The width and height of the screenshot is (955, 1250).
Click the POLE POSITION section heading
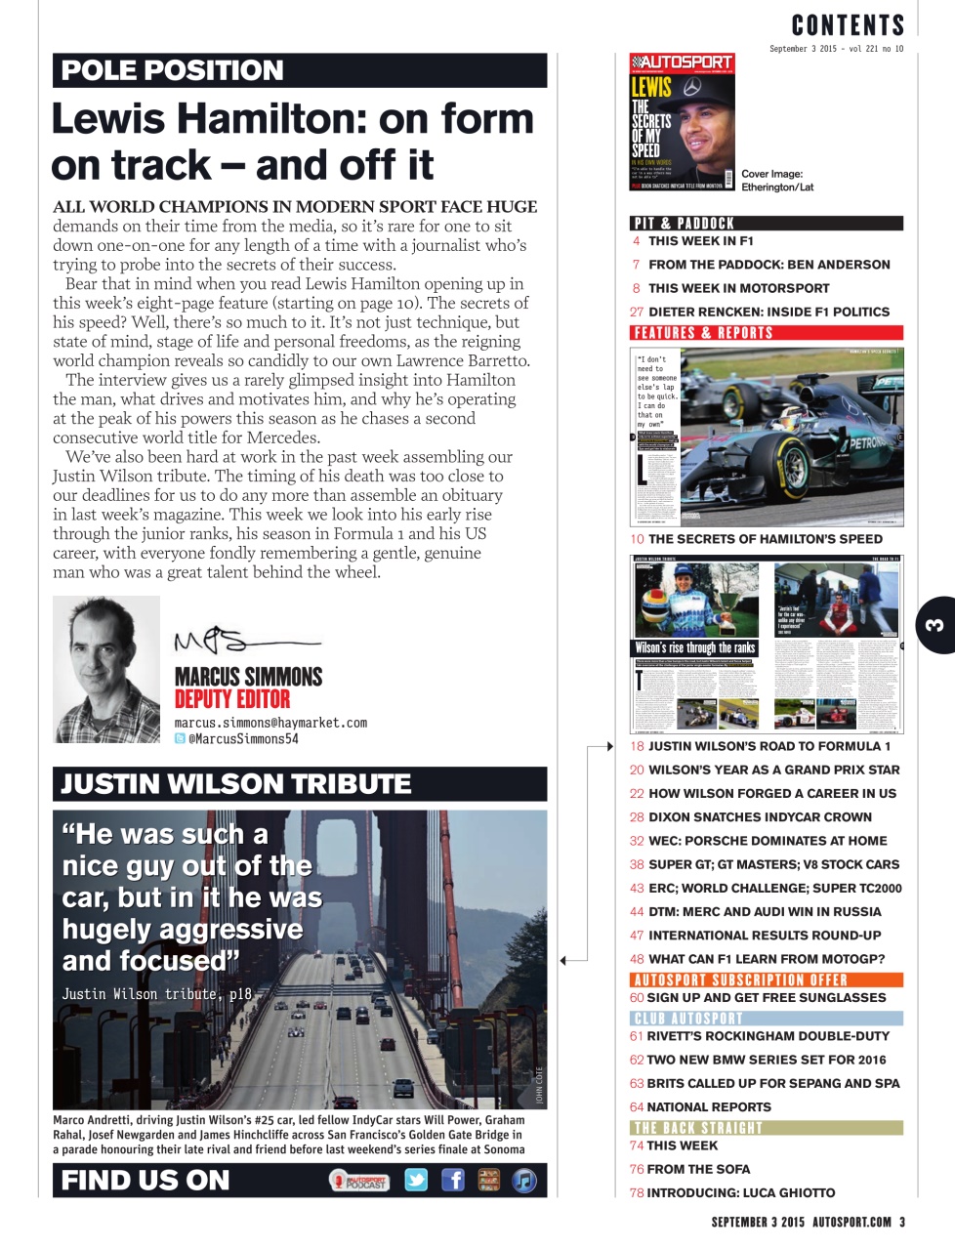(173, 70)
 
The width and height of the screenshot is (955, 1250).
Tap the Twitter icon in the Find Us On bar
(416, 1180)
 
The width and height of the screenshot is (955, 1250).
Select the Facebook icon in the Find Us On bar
(453, 1180)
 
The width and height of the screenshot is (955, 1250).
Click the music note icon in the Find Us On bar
(524, 1180)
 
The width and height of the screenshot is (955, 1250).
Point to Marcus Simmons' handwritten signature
(244, 642)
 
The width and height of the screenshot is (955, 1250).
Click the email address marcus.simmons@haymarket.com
(270, 723)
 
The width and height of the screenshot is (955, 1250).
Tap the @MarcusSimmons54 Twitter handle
(242, 739)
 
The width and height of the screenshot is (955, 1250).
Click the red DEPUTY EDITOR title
(232, 699)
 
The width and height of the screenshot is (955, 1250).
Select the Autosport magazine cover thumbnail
(682, 122)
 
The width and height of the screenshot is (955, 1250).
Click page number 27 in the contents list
(637, 312)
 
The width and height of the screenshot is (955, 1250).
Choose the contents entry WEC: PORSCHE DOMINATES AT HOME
(768, 841)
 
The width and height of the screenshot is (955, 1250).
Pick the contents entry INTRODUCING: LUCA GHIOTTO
(740, 1193)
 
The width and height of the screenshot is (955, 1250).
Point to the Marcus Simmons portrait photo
(106, 670)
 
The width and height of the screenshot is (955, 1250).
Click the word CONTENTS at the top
(848, 25)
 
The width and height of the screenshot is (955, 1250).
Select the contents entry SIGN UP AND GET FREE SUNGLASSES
(766, 998)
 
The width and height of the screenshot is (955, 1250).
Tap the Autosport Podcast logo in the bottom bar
(359, 1181)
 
